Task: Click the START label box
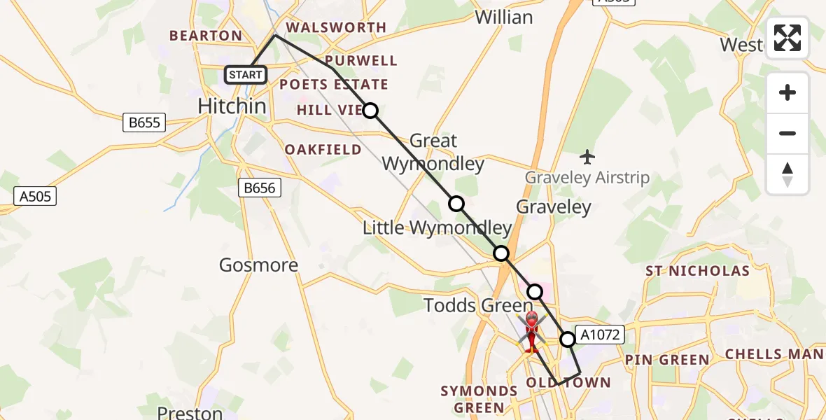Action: tap(246, 74)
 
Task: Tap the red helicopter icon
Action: tap(531, 331)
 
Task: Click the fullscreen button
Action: tap(787, 38)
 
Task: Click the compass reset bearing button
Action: tap(787, 174)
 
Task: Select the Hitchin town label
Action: tap(232, 106)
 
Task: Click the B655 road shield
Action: tap(144, 122)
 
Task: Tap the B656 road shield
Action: tap(260, 188)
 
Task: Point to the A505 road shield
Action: tap(35, 197)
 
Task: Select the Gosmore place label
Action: tap(258, 265)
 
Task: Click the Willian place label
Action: tap(504, 17)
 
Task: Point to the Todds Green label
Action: tap(479, 305)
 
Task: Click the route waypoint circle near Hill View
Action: tap(370, 111)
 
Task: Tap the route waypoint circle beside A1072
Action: tap(568, 339)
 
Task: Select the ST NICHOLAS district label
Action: tap(697, 271)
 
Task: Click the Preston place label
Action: tap(190, 412)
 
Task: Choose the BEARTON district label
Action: tap(206, 35)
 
